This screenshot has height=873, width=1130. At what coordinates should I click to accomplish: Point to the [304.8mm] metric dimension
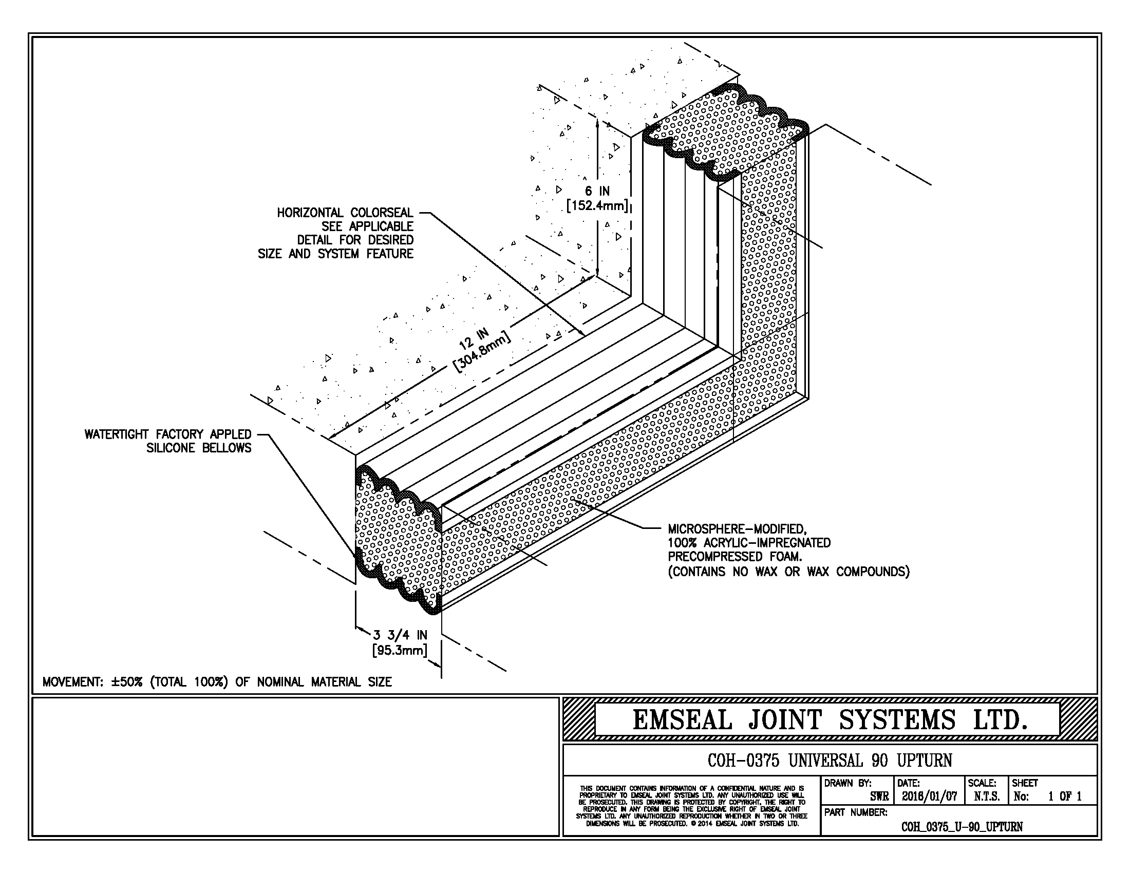tap(483, 352)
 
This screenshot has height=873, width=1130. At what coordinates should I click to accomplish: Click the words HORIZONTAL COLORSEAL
tap(345, 213)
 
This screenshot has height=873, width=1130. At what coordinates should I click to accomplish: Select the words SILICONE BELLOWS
tap(199, 448)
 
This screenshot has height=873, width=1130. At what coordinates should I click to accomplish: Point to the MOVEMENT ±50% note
tap(217, 681)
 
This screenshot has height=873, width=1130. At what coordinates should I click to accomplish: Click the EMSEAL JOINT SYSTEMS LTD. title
tap(830, 719)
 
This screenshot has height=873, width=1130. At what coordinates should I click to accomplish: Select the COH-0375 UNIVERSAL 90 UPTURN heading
tap(830, 760)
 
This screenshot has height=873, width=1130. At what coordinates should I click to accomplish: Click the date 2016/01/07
tap(929, 796)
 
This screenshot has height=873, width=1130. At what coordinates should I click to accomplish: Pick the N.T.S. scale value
tap(987, 796)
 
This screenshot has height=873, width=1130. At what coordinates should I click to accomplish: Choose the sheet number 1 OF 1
tap(1064, 796)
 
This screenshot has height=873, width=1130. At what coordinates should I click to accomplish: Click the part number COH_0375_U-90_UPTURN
tap(962, 826)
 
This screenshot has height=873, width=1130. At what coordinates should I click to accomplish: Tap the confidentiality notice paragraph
tap(691, 806)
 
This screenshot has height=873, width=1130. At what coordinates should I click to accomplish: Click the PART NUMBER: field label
tap(856, 812)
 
